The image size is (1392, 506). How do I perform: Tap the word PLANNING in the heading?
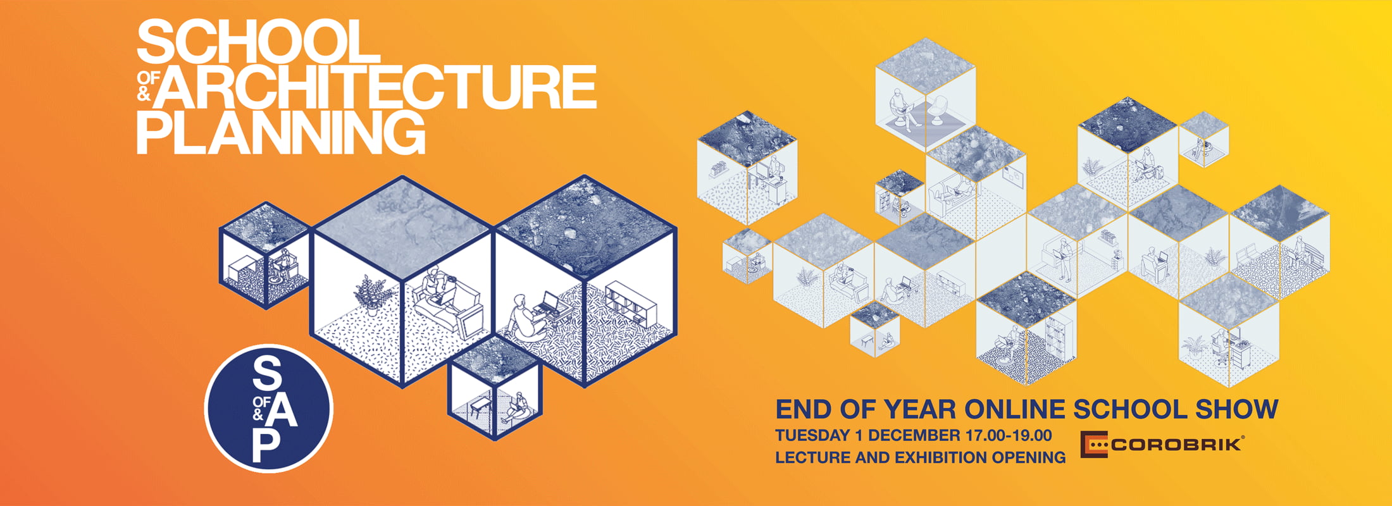tap(281, 132)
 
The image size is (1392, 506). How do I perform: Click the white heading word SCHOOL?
tap(258, 41)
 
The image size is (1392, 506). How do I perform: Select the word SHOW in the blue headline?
tap(1236, 409)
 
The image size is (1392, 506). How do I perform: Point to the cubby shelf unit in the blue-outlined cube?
tap(631, 304)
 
